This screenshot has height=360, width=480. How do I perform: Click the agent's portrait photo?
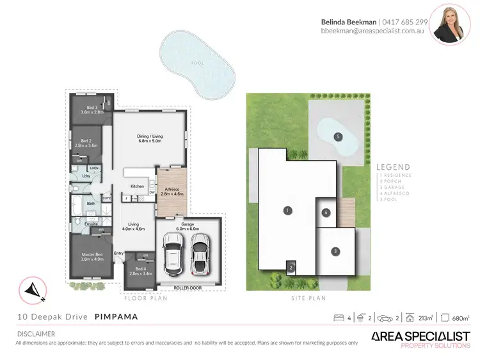coord(450,24)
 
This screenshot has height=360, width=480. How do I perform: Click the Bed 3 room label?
coord(92,110)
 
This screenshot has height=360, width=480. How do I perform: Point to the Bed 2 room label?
coord(90,143)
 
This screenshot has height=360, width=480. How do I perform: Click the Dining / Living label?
coord(152,138)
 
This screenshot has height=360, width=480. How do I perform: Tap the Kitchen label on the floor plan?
coord(138,186)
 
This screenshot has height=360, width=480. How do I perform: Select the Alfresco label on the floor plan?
coord(171,191)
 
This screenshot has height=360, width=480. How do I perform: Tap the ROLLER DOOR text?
coord(188,288)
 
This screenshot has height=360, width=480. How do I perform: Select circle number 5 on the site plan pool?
coord(337,136)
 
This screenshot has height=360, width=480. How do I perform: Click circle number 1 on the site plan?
coord(288,210)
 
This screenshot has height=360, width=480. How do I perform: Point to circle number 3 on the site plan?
coord(335,252)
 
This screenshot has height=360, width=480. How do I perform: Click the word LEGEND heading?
coord(394,167)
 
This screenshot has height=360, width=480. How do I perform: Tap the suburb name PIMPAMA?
coord(116,316)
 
